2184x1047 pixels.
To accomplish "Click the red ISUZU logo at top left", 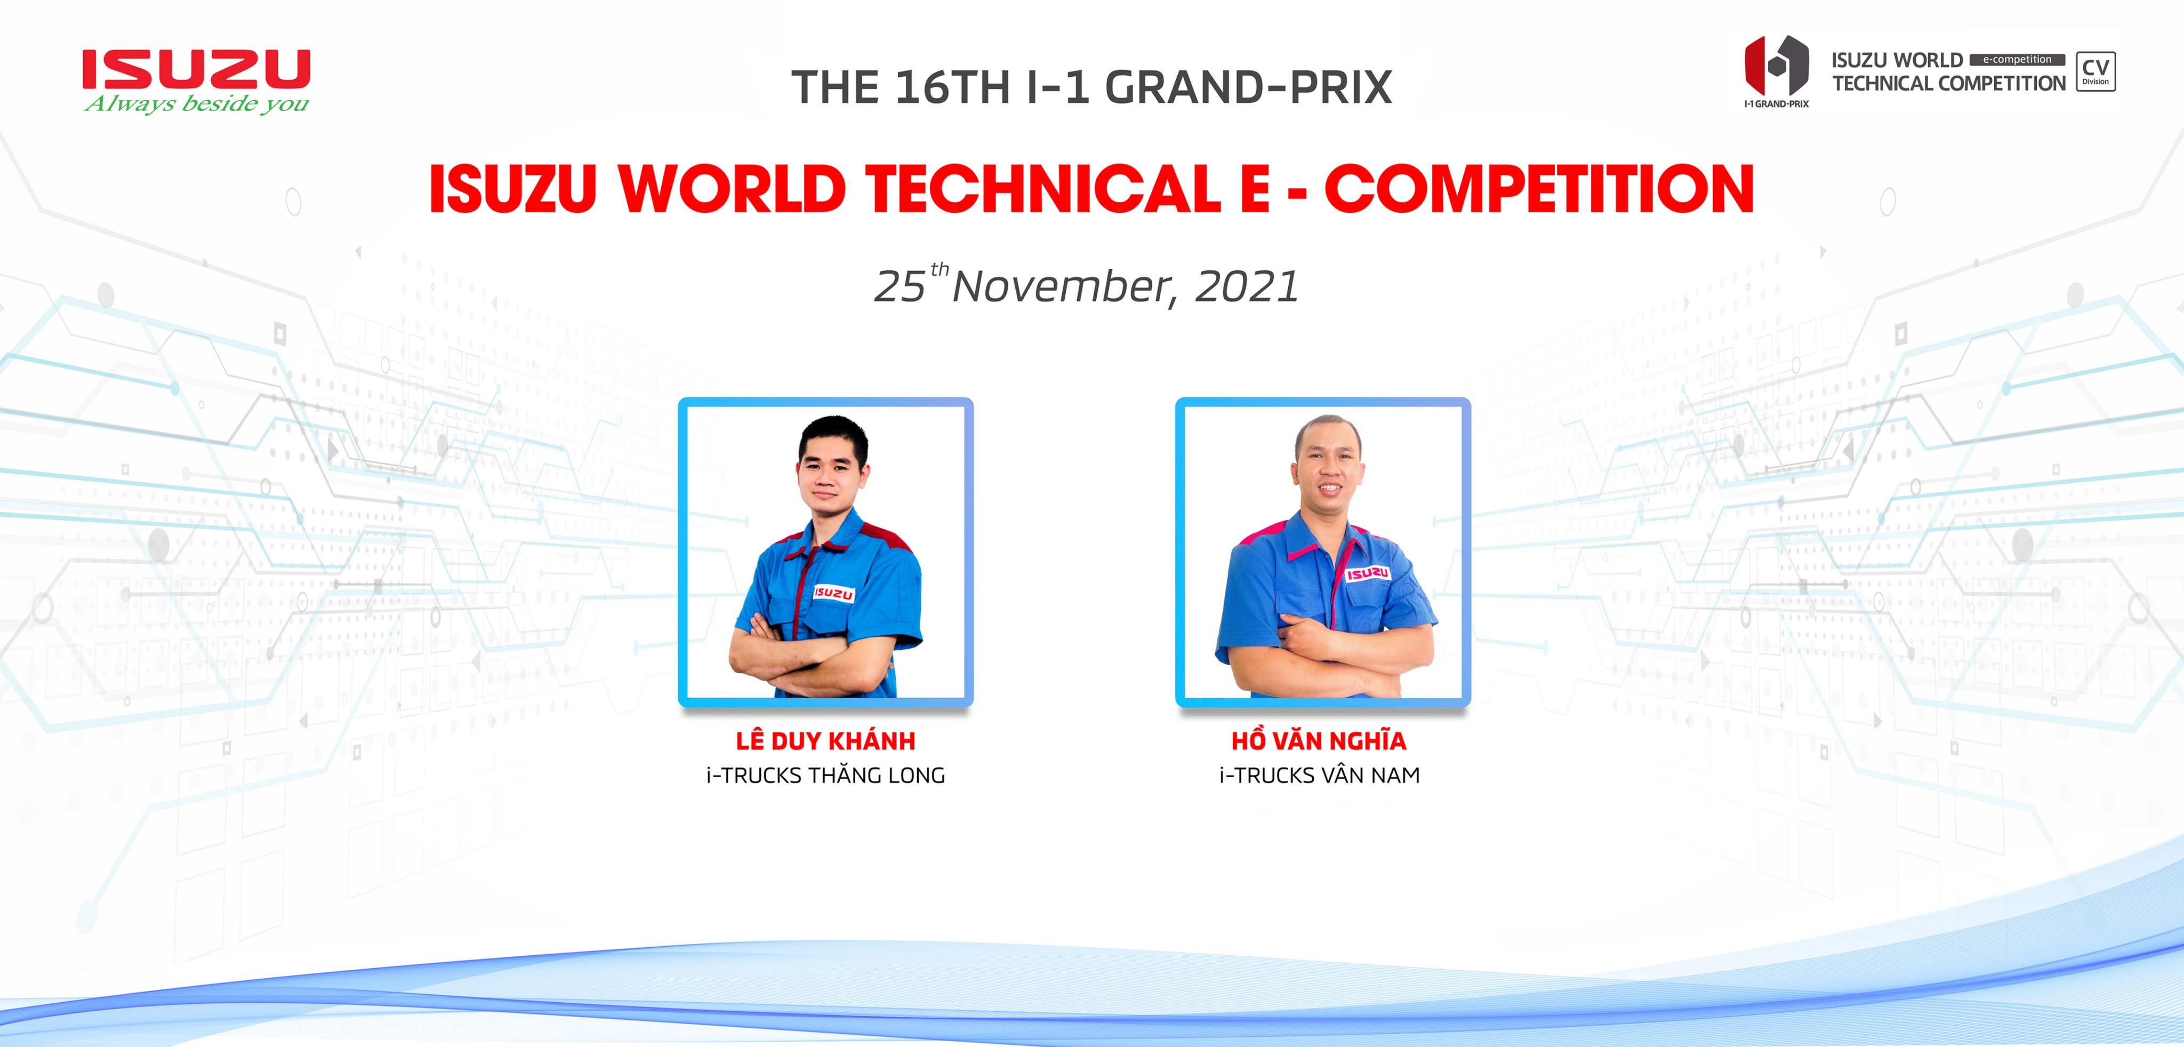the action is coord(196,69).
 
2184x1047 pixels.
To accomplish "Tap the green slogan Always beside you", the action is coord(197,103).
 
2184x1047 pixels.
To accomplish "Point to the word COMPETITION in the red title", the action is coord(1539,188).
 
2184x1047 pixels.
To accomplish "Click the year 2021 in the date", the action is coord(1246,286).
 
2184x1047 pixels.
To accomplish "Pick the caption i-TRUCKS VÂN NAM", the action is coord(1319,775).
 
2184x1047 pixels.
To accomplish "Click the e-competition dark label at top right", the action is coord(2017,59).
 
